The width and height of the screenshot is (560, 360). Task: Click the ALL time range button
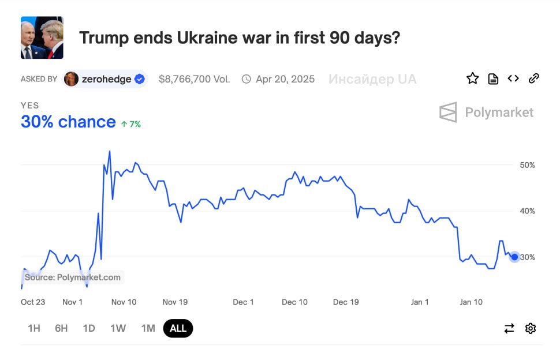(178, 328)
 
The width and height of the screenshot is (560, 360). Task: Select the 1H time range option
(34, 328)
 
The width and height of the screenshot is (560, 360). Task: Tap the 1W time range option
(118, 328)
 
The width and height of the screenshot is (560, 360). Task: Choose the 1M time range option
(148, 328)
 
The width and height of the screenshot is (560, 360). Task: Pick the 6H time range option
(61, 328)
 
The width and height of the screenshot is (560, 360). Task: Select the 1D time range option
(89, 328)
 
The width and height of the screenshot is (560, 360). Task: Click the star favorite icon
(472, 78)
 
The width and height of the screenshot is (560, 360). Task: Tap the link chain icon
(534, 78)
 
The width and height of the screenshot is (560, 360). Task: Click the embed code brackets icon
(513, 78)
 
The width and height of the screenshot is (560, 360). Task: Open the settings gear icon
(531, 328)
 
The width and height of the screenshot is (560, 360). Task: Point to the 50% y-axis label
(527, 165)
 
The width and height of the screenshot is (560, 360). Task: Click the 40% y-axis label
(527, 211)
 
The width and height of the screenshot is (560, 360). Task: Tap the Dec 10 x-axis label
(294, 302)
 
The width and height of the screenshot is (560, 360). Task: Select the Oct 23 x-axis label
(33, 302)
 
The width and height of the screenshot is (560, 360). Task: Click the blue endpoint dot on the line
(514, 257)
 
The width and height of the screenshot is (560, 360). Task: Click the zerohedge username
(106, 79)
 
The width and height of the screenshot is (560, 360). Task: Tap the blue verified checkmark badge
(140, 79)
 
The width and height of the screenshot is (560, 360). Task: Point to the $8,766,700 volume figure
(194, 79)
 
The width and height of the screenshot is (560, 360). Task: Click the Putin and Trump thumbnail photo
(42, 37)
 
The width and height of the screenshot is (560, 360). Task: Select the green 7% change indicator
(130, 124)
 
